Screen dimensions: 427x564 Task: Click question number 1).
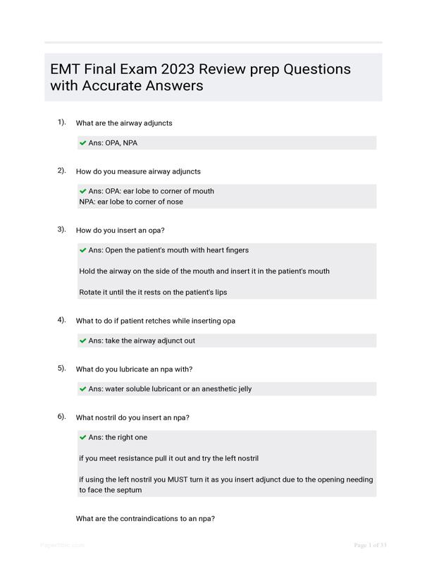click(x=62, y=122)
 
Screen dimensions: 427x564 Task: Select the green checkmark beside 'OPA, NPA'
click(x=83, y=143)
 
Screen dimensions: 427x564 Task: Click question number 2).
click(x=62, y=171)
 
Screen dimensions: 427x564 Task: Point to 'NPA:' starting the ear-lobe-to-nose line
click(x=87, y=202)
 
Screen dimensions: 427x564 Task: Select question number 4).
click(x=62, y=320)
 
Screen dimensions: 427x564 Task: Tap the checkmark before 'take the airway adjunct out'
click(x=83, y=341)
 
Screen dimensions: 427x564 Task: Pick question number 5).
click(x=62, y=368)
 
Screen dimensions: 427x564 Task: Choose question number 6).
click(x=62, y=417)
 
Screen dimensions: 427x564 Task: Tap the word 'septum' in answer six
click(x=128, y=490)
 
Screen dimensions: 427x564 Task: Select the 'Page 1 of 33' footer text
click(x=370, y=545)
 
